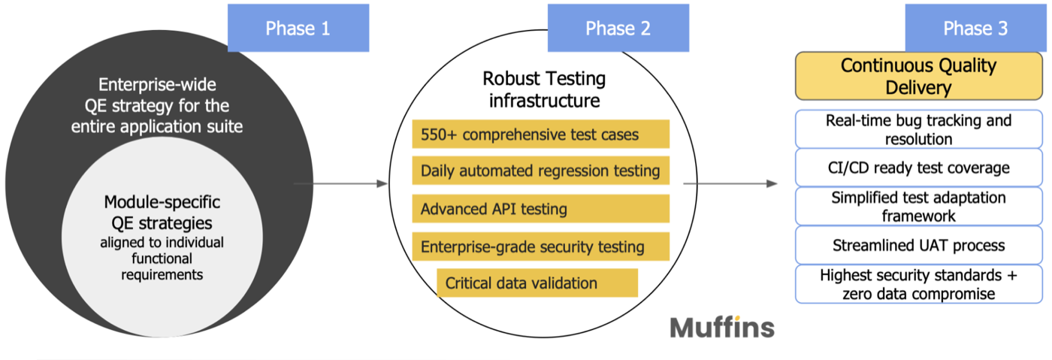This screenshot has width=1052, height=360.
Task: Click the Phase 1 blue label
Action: (x=298, y=29)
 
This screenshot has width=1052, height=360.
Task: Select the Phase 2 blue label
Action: (x=618, y=29)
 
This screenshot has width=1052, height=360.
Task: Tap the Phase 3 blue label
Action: (x=975, y=29)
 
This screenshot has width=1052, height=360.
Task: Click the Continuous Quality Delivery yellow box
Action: (x=918, y=76)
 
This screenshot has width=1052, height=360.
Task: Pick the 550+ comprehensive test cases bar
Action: (x=540, y=135)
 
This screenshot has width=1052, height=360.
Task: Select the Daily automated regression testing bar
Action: (x=540, y=171)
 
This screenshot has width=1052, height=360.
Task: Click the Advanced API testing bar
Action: (x=540, y=208)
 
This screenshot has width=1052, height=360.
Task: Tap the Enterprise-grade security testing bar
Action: (x=540, y=246)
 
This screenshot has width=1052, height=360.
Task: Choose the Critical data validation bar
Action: (x=537, y=283)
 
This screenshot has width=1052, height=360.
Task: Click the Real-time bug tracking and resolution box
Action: (x=918, y=129)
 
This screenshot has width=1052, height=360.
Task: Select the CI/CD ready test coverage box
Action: (x=918, y=168)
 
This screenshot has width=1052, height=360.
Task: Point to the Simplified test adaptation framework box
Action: (x=918, y=207)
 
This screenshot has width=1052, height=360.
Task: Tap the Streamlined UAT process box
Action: (x=918, y=245)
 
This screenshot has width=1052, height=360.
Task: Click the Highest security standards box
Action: (x=918, y=284)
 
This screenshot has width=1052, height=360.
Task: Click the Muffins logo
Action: (x=721, y=328)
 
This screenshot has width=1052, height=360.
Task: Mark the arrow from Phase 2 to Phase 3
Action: (x=729, y=183)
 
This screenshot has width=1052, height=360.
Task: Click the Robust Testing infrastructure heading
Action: (x=543, y=89)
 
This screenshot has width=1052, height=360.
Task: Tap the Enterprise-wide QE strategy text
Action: (x=157, y=105)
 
